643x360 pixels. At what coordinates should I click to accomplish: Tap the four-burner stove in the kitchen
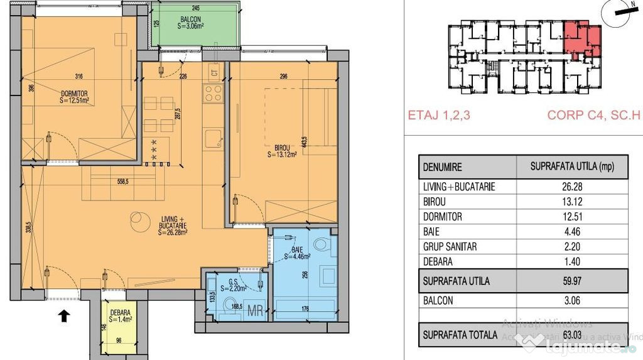point(213,93)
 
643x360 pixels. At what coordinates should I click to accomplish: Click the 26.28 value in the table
point(571,187)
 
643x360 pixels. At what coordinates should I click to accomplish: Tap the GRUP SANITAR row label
point(450,247)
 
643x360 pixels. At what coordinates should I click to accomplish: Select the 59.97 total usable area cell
point(571,281)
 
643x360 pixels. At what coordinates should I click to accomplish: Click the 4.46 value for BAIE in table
point(571,232)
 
